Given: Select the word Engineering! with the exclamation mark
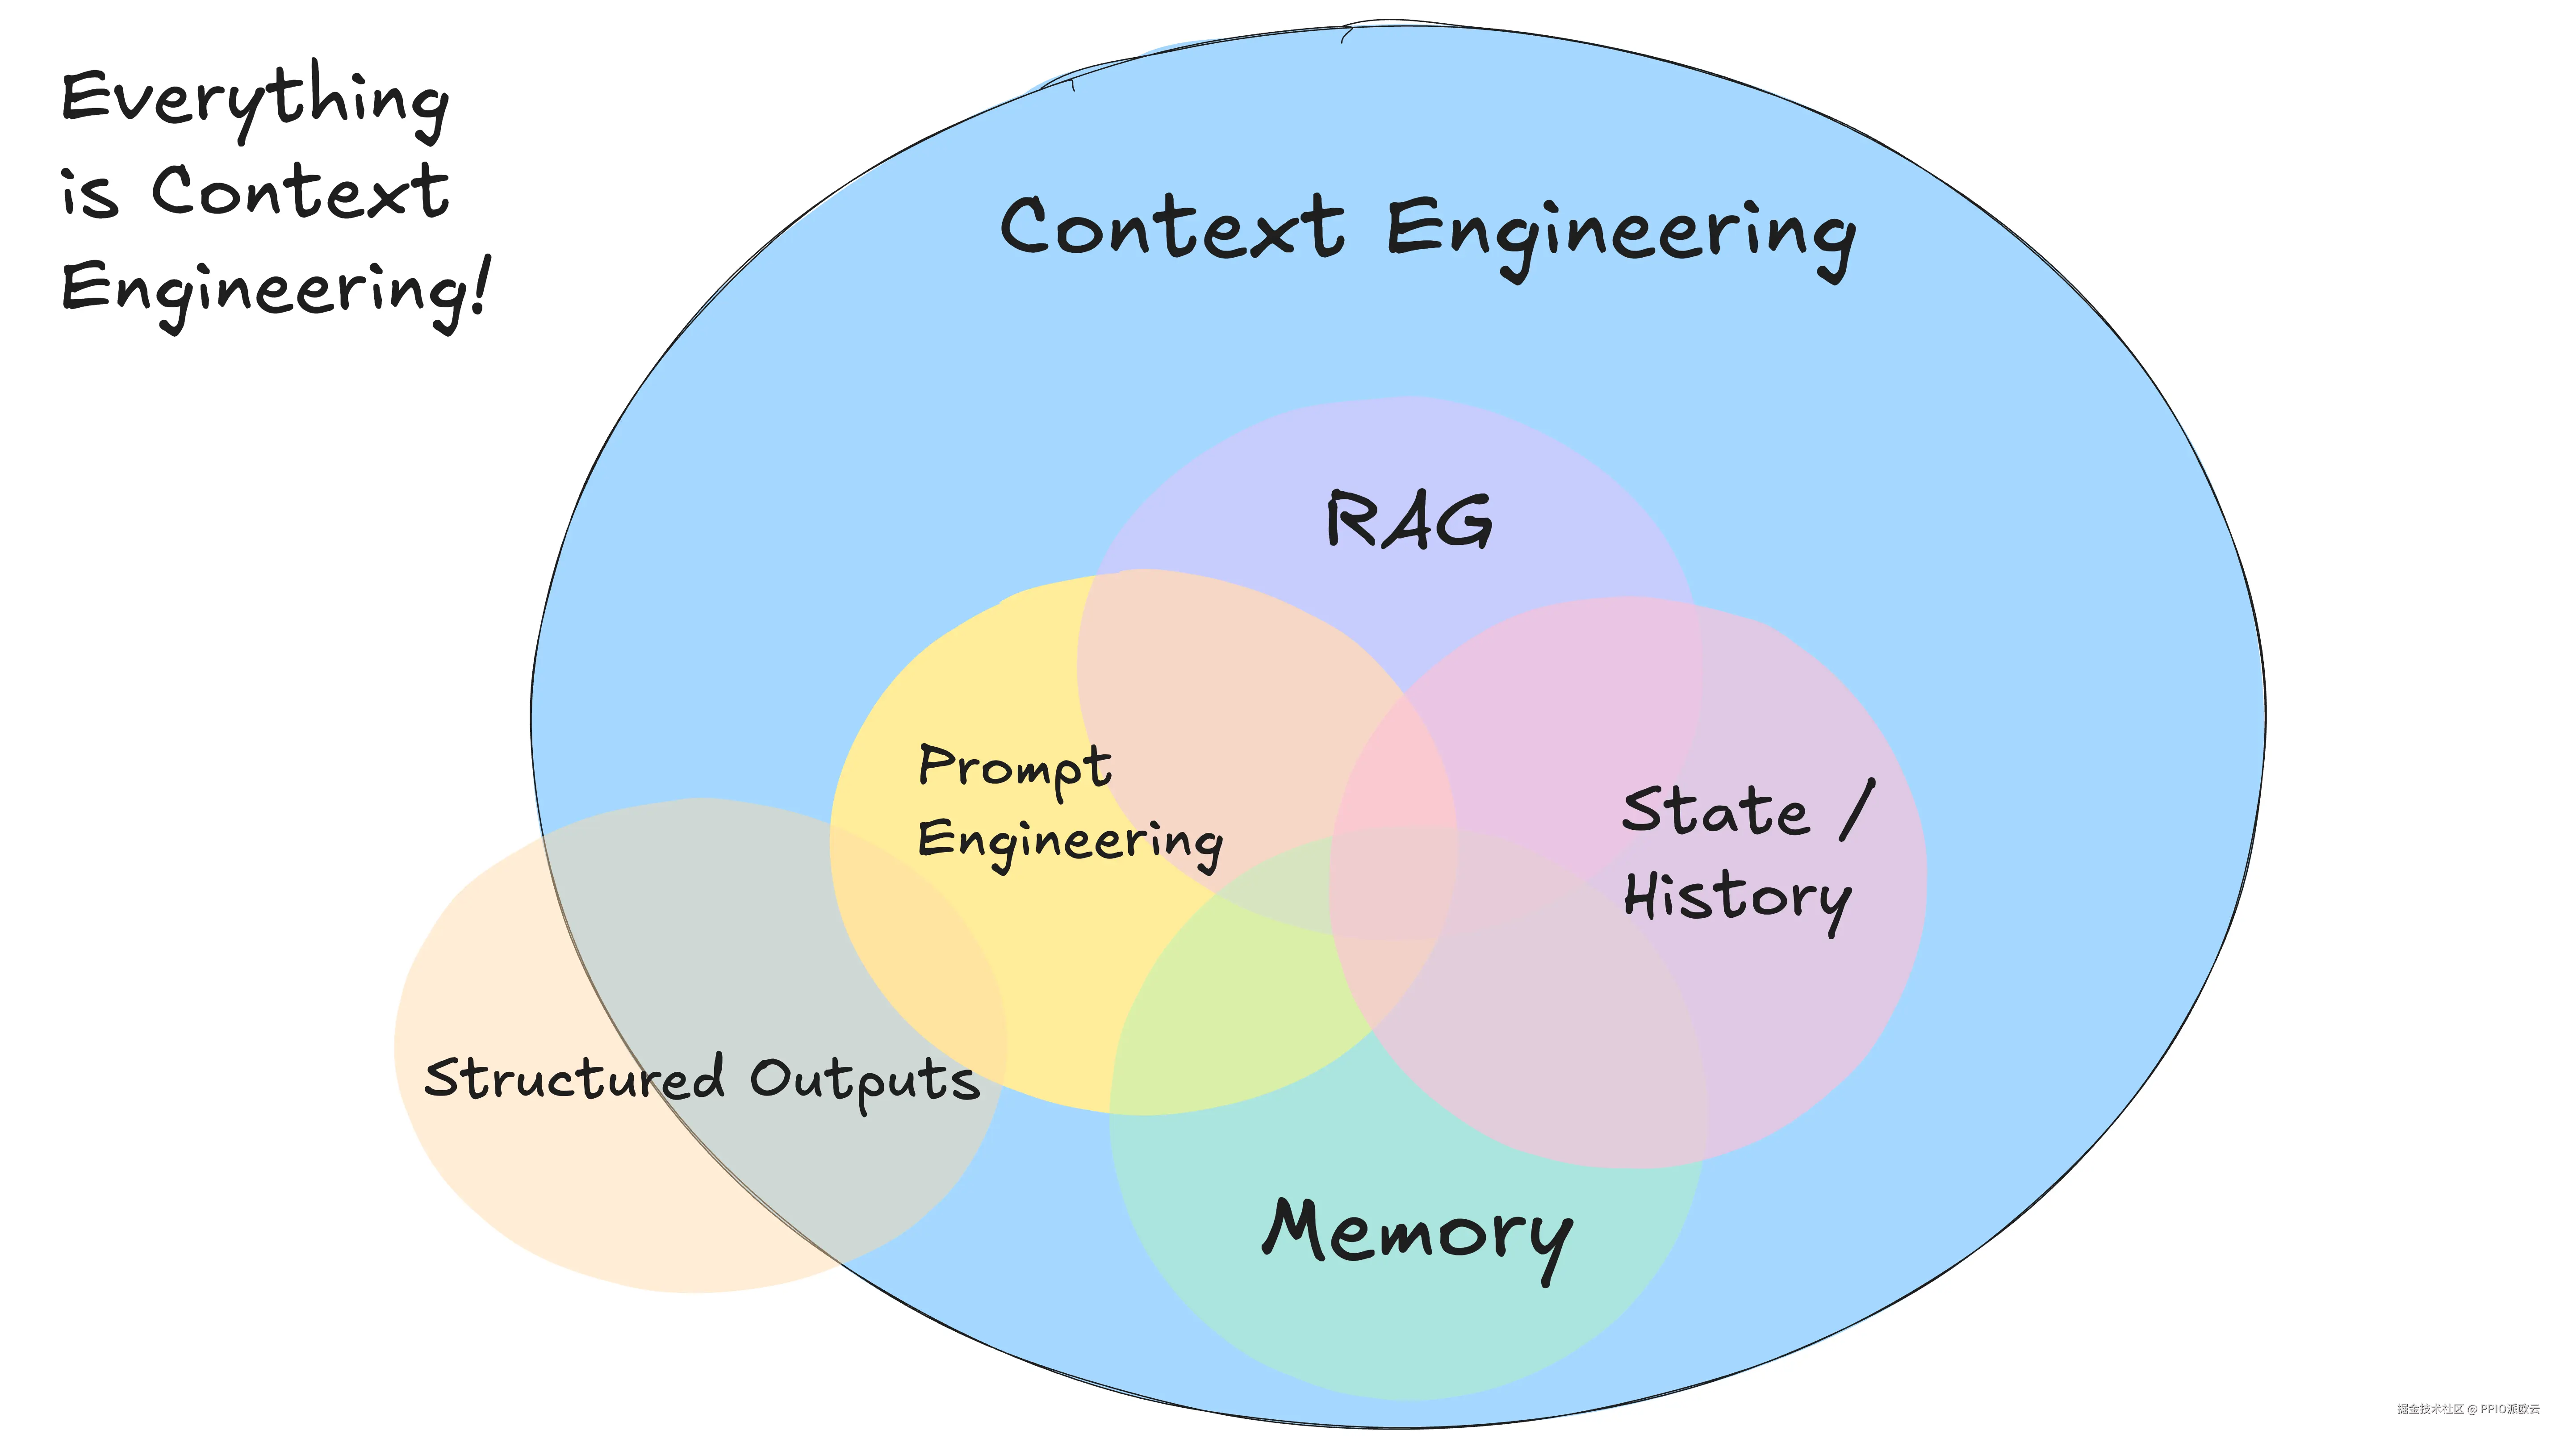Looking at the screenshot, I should [x=275, y=289].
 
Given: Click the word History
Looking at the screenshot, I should [x=1737, y=897].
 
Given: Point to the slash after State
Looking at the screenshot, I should [x=1857, y=809].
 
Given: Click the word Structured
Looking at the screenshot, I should [x=574, y=1079].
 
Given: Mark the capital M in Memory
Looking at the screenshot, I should [x=1295, y=1226].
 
